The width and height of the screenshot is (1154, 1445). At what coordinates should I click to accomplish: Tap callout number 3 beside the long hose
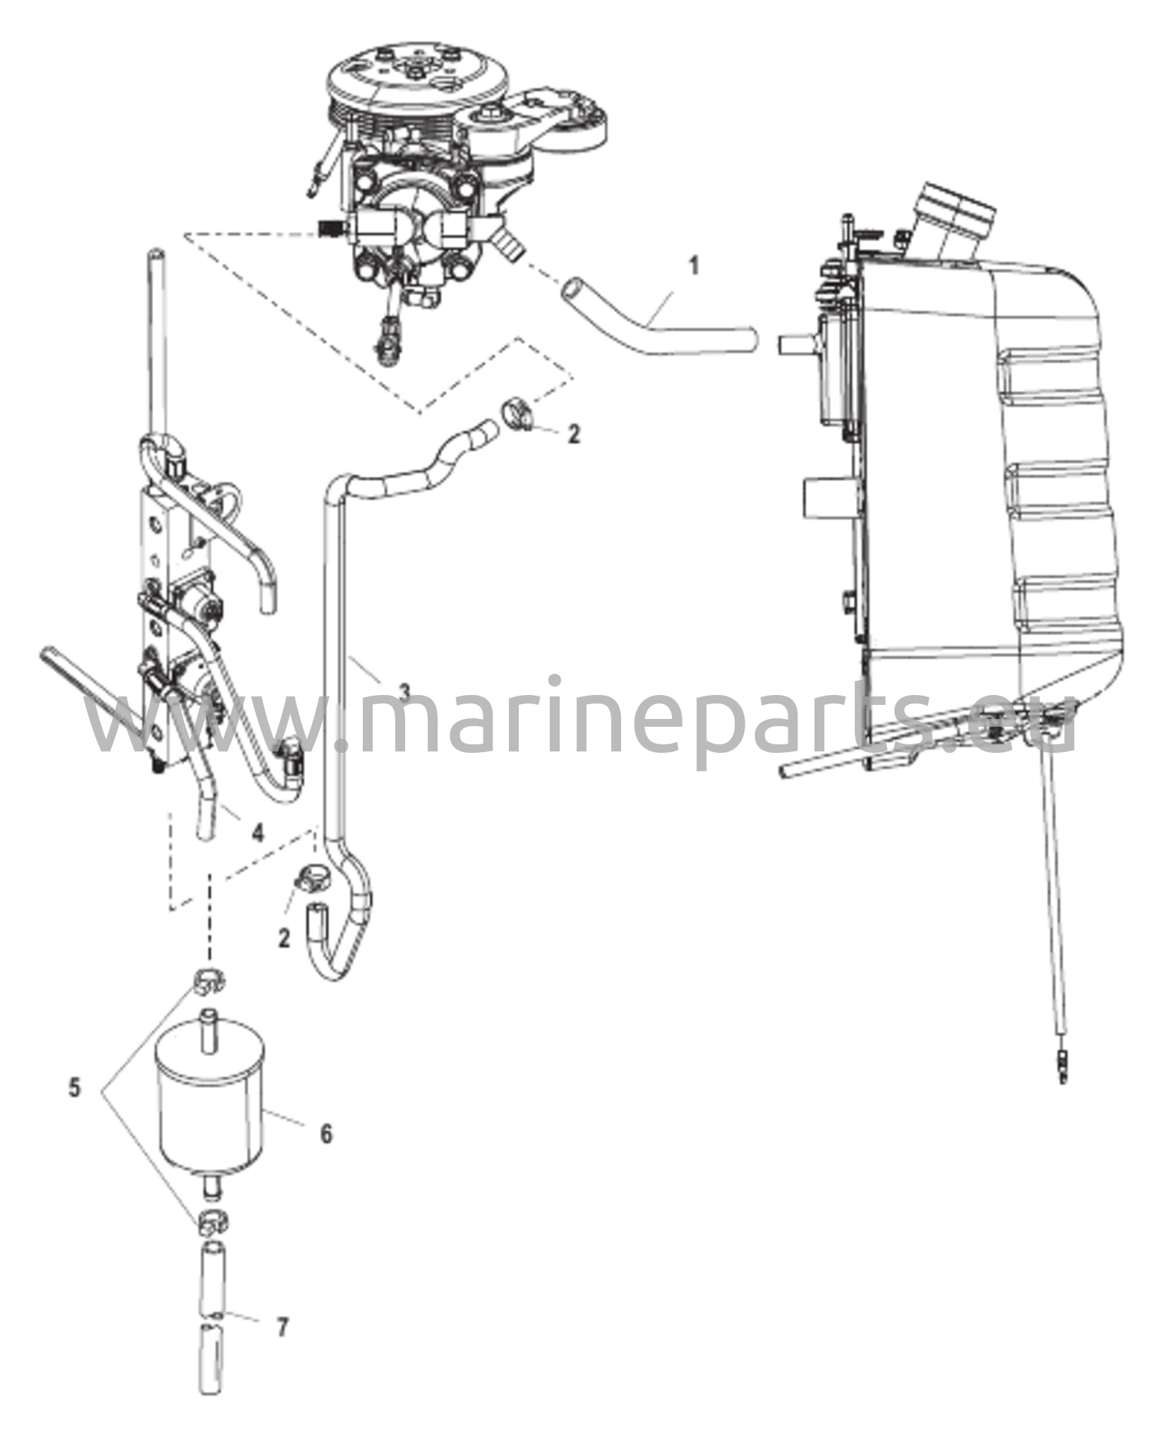pos(404,691)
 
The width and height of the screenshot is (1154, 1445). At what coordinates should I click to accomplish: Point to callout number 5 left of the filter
pos(74,1087)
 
